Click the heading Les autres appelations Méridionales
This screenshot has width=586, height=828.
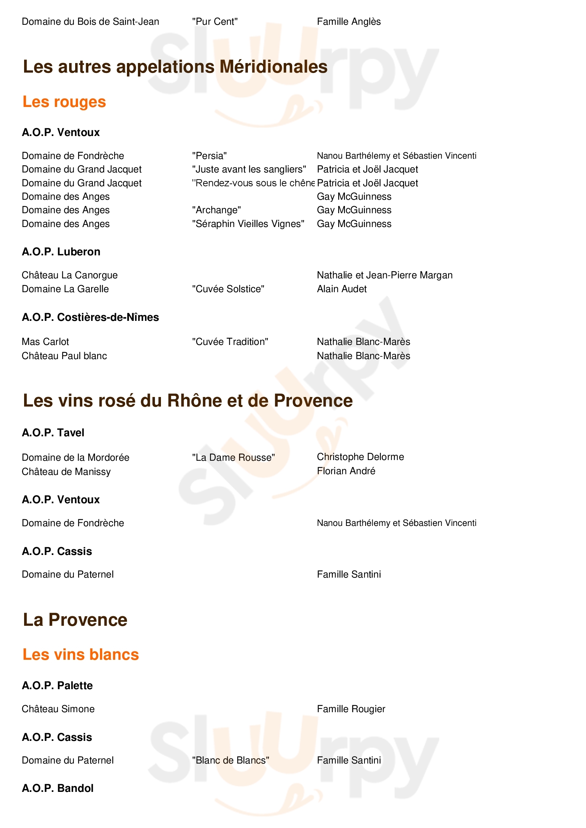175,67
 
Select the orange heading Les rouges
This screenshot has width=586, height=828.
64,102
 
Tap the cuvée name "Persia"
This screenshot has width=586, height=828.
210,156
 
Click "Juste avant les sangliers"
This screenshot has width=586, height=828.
249,169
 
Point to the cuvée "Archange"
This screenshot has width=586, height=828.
216,210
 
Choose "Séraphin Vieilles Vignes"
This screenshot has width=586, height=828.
248,224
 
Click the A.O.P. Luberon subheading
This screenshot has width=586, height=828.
61,252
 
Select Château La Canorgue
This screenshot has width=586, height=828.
70,275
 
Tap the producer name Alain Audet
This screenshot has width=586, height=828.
341,289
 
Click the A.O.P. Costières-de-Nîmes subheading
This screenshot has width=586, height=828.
90,317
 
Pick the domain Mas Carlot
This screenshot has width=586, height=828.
45,341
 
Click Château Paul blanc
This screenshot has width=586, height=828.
64,356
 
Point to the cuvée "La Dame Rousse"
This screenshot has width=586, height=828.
233,458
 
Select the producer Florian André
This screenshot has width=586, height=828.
346,471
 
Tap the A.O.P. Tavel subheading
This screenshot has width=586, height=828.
53,433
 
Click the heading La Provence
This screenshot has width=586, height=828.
75,620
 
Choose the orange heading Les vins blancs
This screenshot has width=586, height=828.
80,654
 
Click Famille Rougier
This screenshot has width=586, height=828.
351,709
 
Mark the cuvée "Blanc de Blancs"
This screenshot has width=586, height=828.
230,760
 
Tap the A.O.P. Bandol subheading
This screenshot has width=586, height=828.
57,788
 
